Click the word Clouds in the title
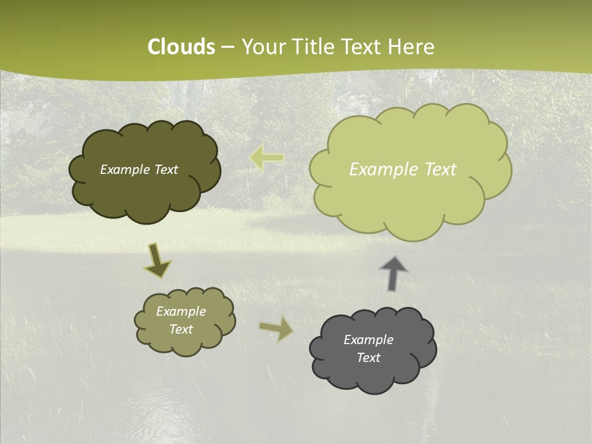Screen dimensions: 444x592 point(181,47)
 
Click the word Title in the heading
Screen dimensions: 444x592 point(315,47)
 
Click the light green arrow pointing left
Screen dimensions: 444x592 point(267,157)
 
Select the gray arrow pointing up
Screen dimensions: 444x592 point(393,273)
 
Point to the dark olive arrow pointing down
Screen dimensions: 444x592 point(157,260)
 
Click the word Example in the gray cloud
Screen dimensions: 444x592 point(368,340)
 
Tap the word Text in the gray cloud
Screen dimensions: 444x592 point(368,358)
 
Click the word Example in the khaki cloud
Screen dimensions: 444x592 point(181,311)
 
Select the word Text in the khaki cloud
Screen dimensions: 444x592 point(181,329)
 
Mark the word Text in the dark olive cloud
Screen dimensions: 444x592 point(165,170)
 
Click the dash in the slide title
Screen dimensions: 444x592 point(228,47)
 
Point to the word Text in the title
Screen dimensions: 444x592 point(364,47)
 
